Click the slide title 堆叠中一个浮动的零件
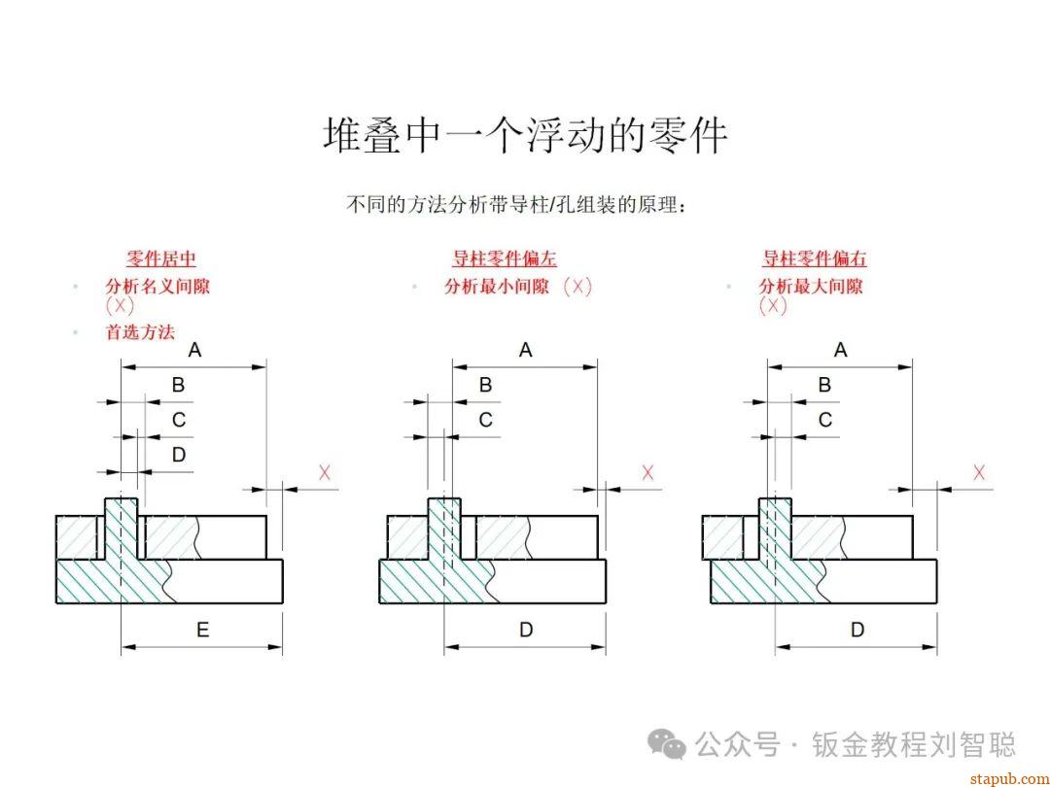click(525, 136)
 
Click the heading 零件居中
click(161, 258)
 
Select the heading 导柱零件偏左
click(505, 258)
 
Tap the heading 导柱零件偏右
click(815, 258)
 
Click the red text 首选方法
click(140, 331)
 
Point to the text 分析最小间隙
click(497, 287)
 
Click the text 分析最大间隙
click(811, 287)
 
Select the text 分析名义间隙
click(157, 287)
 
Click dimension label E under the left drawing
click(202, 631)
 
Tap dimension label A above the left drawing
click(194, 350)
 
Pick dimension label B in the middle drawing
click(486, 385)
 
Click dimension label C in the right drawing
click(825, 420)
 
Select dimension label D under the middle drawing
click(526, 631)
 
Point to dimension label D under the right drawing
click(857, 631)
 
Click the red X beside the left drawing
click(325, 472)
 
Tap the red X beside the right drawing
click(979, 472)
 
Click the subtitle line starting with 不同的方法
click(517, 205)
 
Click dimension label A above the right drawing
click(841, 350)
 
